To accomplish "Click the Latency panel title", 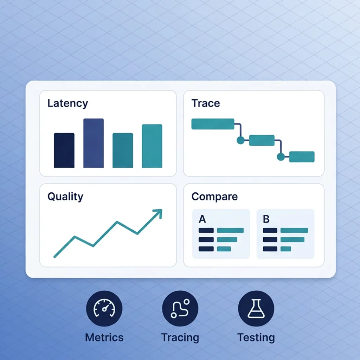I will point(67,103).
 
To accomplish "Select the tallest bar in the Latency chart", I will point(94,143).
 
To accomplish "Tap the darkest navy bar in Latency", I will point(64,150).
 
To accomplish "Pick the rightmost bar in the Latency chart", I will point(152,146).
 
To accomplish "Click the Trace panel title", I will point(206,103).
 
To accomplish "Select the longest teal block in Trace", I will point(213,124).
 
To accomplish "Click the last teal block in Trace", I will point(302,157).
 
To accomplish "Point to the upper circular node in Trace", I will point(240,140).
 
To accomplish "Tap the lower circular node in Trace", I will point(281,157).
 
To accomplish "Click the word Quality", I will point(65,197).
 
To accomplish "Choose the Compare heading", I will point(214,197).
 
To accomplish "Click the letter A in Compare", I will point(202,219).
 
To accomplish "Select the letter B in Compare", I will point(266,219).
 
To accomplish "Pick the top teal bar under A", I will point(230,231).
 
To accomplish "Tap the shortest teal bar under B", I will point(286,249).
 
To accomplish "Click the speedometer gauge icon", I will point(104,308).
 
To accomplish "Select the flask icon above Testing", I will point(256,308).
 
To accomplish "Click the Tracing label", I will point(180,337).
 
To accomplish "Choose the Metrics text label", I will point(104,337).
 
